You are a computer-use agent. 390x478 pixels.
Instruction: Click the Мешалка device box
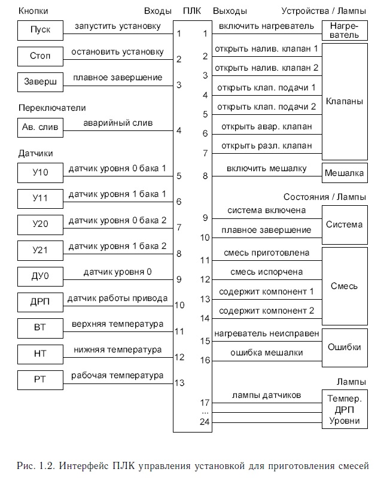click(x=344, y=173)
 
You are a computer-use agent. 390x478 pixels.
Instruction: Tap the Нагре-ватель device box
click(x=344, y=30)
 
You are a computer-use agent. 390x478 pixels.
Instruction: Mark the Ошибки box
click(x=344, y=348)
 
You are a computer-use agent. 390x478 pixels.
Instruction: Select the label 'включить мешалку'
click(x=266, y=169)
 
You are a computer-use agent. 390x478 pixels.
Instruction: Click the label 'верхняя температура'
click(x=117, y=324)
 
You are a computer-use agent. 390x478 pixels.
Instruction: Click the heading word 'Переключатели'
click(x=52, y=108)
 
